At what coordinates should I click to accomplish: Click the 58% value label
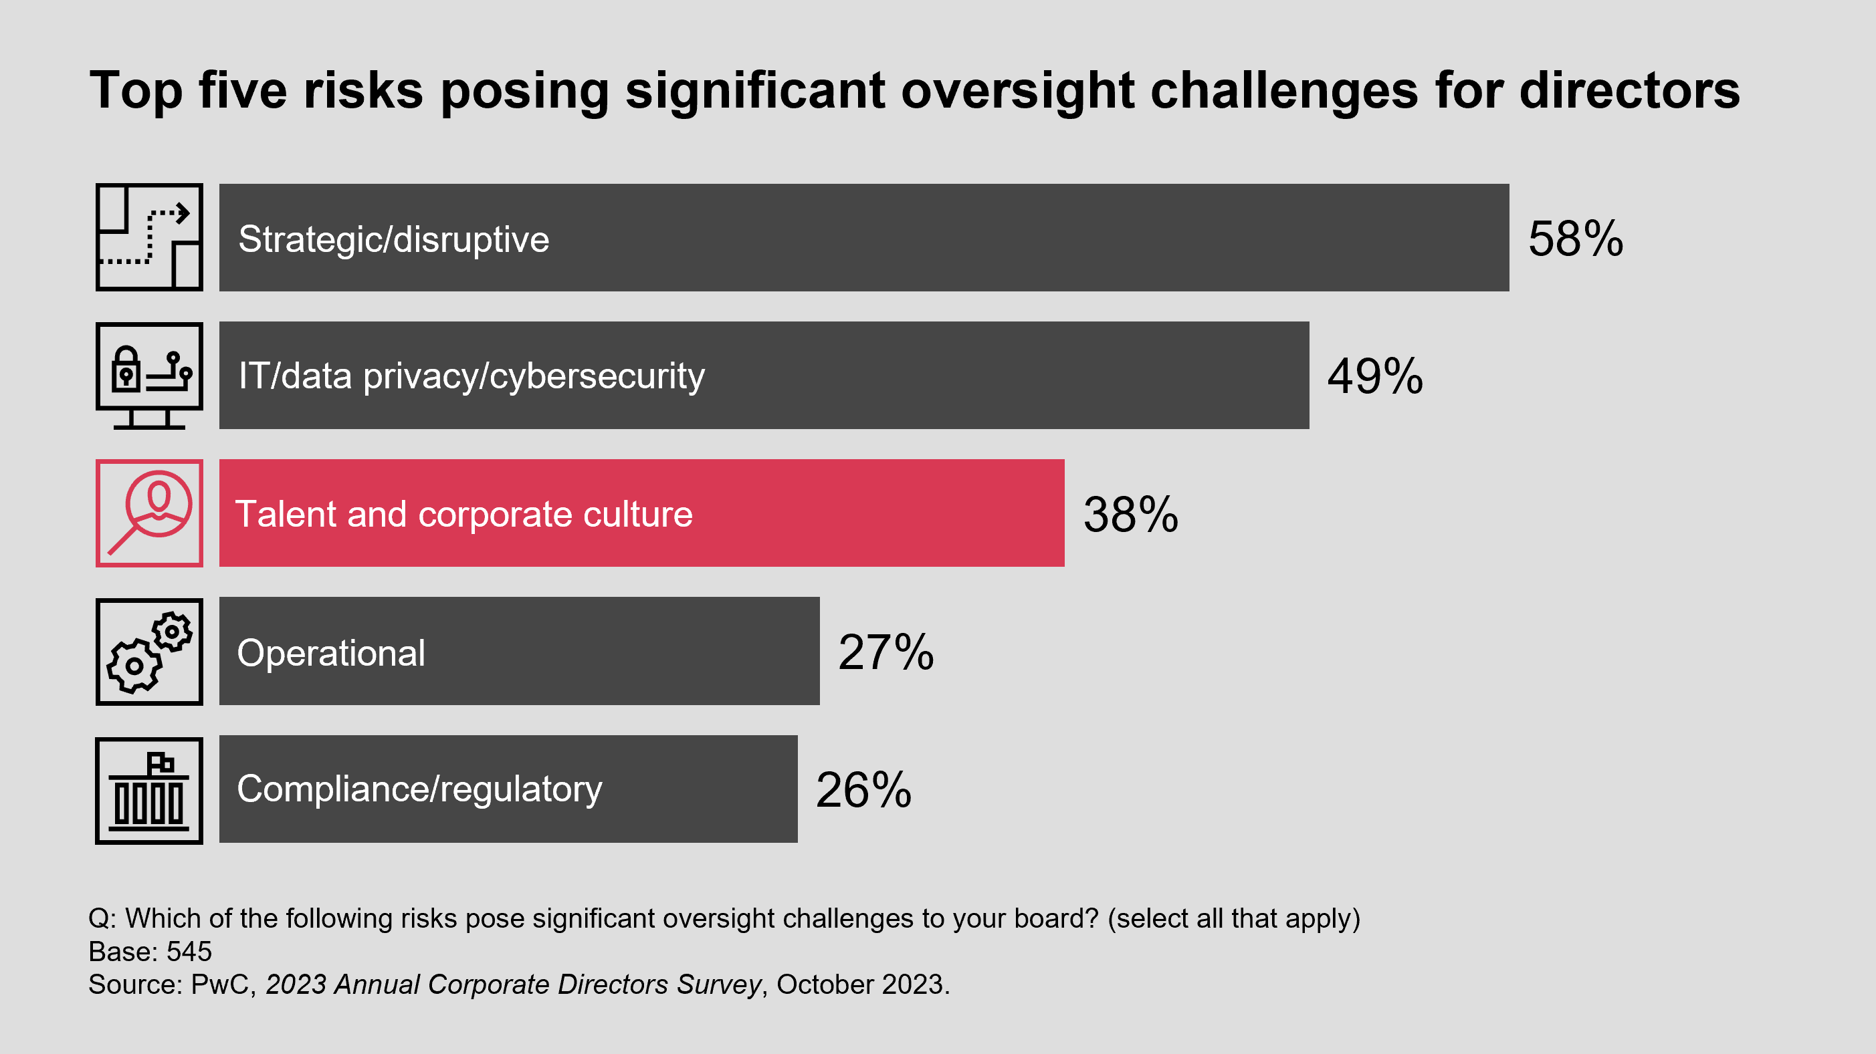coord(1575,239)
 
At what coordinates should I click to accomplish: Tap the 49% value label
coord(1374,376)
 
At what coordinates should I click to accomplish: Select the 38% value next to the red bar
coord(1130,515)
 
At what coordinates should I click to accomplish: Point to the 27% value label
coord(885,652)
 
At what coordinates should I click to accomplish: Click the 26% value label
coord(863,790)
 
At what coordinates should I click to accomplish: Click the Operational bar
coord(619,652)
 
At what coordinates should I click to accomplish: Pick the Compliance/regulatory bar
coord(692,789)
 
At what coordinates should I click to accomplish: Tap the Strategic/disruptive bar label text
coord(394,239)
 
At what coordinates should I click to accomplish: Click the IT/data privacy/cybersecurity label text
coord(472,376)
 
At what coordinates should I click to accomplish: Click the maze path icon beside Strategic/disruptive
coord(149,237)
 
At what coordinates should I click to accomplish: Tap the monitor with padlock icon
coord(149,376)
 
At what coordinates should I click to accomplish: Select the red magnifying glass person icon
coord(149,513)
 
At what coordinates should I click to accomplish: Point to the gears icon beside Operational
coord(149,652)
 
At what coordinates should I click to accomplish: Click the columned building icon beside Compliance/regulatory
coord(149,791)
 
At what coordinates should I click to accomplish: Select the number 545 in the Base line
coord(189,951)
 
